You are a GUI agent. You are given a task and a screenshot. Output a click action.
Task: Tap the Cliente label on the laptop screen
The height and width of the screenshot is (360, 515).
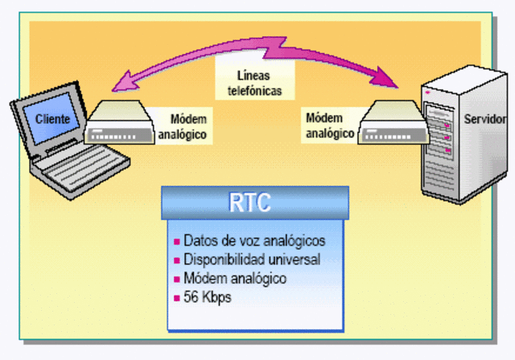(x=52, y=119)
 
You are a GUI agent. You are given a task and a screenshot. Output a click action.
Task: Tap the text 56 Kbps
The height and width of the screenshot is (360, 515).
(x=207, y=297)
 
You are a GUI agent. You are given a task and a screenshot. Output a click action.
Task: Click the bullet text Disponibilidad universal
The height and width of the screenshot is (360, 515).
(x=252, y=259)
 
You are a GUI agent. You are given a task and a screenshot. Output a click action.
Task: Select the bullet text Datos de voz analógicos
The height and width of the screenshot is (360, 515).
(x=253, y=241)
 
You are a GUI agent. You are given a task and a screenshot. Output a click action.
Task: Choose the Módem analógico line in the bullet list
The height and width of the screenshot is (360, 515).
(x=234, y=279)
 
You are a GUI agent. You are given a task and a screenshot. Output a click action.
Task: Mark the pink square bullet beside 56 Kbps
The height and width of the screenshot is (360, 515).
(x=176, y=298)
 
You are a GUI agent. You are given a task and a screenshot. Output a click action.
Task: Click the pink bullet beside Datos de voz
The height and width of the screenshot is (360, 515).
(x=176, y=242)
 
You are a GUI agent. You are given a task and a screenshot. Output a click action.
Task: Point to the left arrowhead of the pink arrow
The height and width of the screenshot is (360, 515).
(x=117, y=81)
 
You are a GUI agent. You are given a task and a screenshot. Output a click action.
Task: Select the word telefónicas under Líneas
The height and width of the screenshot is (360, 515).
(x=253, y=91)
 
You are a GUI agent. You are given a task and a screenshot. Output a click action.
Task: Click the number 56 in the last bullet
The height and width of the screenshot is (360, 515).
(x=191, y=297)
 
